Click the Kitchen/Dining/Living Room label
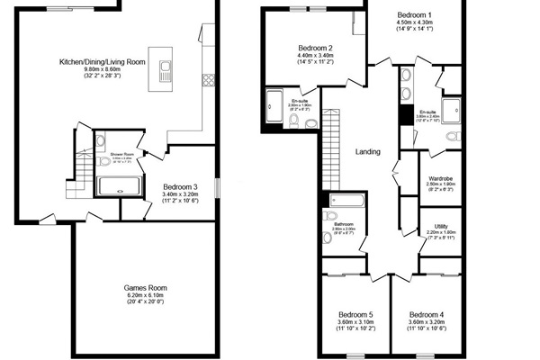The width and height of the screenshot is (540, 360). click(102, 61)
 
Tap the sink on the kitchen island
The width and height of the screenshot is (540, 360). click(165, 69)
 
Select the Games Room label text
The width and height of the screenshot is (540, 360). click(145, 288)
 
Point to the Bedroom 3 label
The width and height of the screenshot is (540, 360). click(180, 186)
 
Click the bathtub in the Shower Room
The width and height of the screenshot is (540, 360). click(119, 186)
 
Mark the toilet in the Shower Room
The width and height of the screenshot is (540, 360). click(102, 141)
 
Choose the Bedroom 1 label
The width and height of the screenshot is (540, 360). click(416, 15)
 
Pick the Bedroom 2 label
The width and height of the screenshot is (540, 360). click(316, 48)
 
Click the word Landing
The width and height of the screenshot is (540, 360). click(369, 151)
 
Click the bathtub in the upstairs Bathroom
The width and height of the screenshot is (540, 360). click(347, 200)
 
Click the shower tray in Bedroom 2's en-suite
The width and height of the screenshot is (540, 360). click(274, 106)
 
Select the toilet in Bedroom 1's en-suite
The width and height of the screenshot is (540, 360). click(452, 137)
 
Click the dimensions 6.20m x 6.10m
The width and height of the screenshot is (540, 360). click(145, 296)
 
